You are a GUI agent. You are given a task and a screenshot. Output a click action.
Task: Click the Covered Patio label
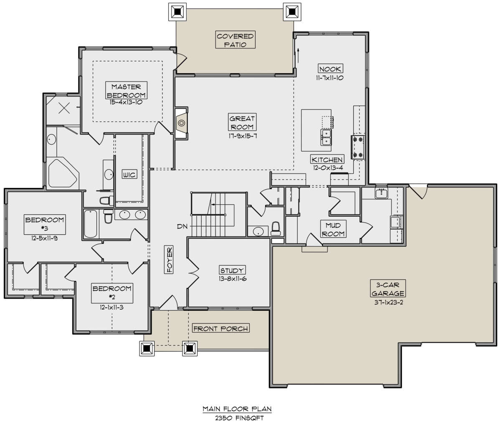235,40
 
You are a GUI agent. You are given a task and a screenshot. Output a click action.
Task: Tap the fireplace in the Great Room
181,123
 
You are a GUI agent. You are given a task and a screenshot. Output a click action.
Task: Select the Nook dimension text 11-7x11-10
329,78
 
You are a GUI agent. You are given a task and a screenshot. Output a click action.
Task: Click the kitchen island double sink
326,137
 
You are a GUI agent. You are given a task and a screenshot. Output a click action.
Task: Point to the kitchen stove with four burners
358,147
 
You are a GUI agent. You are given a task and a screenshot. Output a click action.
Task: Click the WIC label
129,175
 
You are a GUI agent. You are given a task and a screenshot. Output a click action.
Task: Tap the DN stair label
182,226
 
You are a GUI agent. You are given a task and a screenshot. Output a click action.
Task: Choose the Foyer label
169,260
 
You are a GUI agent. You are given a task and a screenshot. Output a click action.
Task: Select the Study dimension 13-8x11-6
233,279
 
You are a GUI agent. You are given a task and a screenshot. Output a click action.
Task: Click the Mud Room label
333,229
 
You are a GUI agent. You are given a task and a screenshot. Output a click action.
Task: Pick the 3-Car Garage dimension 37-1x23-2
388,302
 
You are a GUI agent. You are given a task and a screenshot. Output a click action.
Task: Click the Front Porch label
221,329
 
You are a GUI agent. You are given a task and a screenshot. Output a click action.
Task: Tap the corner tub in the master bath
63,173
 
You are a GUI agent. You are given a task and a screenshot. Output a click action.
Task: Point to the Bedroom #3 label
45,224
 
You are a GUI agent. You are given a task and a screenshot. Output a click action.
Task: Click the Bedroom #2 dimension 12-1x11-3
111,307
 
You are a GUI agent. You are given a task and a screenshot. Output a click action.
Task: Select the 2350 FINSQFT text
239,418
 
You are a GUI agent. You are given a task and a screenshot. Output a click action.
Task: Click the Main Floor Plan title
237,409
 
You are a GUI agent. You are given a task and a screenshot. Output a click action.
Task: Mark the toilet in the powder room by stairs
276,229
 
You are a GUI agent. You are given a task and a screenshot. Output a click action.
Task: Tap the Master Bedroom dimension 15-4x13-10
126,102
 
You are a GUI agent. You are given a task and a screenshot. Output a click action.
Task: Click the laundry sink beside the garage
381,193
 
